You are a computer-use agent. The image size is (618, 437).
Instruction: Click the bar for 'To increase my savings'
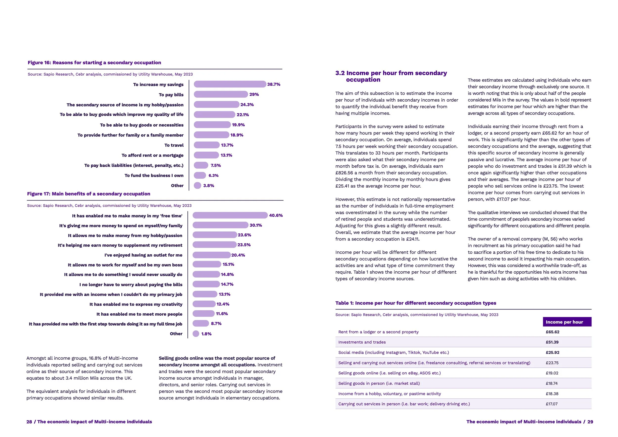click(x=230, y=84)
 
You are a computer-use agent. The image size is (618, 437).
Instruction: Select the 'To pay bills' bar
click(x=221, y=94)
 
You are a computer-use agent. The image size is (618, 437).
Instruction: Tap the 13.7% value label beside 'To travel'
click(x=227, y=145)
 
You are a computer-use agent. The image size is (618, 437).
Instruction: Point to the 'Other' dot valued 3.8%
click(x=198, y=186)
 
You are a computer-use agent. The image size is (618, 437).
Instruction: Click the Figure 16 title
click(x=94, y=63)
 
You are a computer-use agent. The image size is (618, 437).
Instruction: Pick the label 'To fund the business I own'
click(x=154, y=176)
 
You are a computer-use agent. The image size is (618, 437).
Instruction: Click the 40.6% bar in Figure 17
click(x=230, y=215)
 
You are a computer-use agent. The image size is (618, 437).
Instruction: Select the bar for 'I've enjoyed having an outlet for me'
click(x=212, y=255)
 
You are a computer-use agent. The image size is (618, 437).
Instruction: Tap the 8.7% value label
click(x=216, y=324)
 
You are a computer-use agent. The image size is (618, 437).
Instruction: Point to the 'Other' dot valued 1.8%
click(x=196, y=334)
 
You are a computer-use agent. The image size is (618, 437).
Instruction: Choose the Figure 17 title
click(x=88, y=194)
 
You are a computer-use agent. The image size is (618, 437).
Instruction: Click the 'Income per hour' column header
click(x=567, y=322)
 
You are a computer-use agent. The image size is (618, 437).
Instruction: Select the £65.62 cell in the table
click(x=552, y=332)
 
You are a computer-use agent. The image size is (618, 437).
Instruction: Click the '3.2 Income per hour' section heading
click(x=391, y=76)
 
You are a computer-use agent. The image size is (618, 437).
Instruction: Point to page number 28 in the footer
click(x=29, y=422)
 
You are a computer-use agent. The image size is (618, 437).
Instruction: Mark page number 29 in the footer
click(x=590, y=422)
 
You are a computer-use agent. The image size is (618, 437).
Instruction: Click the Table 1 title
click(x=416, y=303)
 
